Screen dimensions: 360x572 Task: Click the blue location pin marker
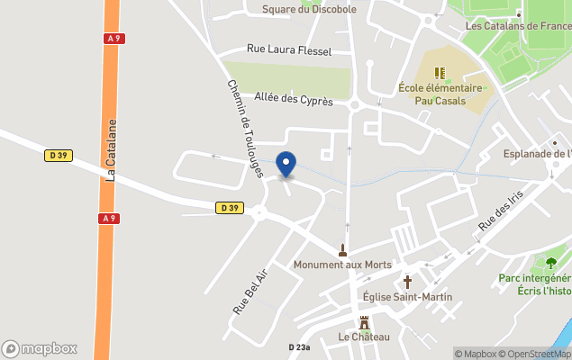286,164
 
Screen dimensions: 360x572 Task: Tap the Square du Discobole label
309,9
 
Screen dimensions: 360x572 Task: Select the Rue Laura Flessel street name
289,50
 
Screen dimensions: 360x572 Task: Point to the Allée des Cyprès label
294,100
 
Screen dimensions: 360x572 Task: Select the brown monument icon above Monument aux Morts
342,249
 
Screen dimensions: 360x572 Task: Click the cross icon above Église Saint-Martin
406,281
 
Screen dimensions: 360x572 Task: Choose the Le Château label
364,337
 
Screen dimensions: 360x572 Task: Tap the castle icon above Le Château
364,322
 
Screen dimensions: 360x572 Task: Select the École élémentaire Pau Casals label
440,94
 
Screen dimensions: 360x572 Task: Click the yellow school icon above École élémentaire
440,73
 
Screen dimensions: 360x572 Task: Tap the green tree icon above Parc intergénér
550,263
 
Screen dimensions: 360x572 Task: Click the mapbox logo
40,348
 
